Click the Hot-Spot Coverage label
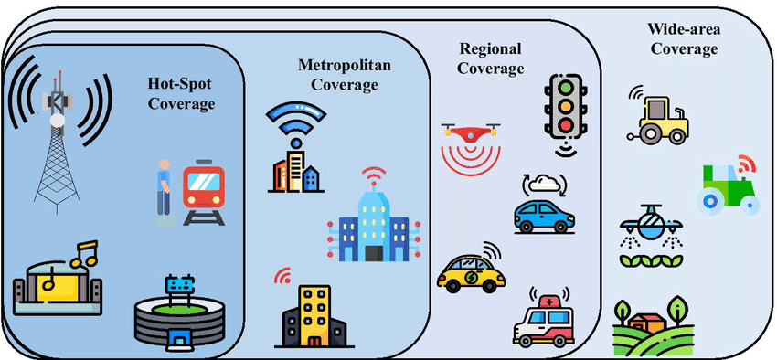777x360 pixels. coord(181,92)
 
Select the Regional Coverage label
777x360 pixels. coord(491,58)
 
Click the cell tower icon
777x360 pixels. coord(59,128)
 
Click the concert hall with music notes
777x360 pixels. coord(57,280)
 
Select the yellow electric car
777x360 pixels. coord(470,270)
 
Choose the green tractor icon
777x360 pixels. coord(729,187)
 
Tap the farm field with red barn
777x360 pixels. coord(652,325)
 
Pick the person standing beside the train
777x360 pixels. coord(165,191)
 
